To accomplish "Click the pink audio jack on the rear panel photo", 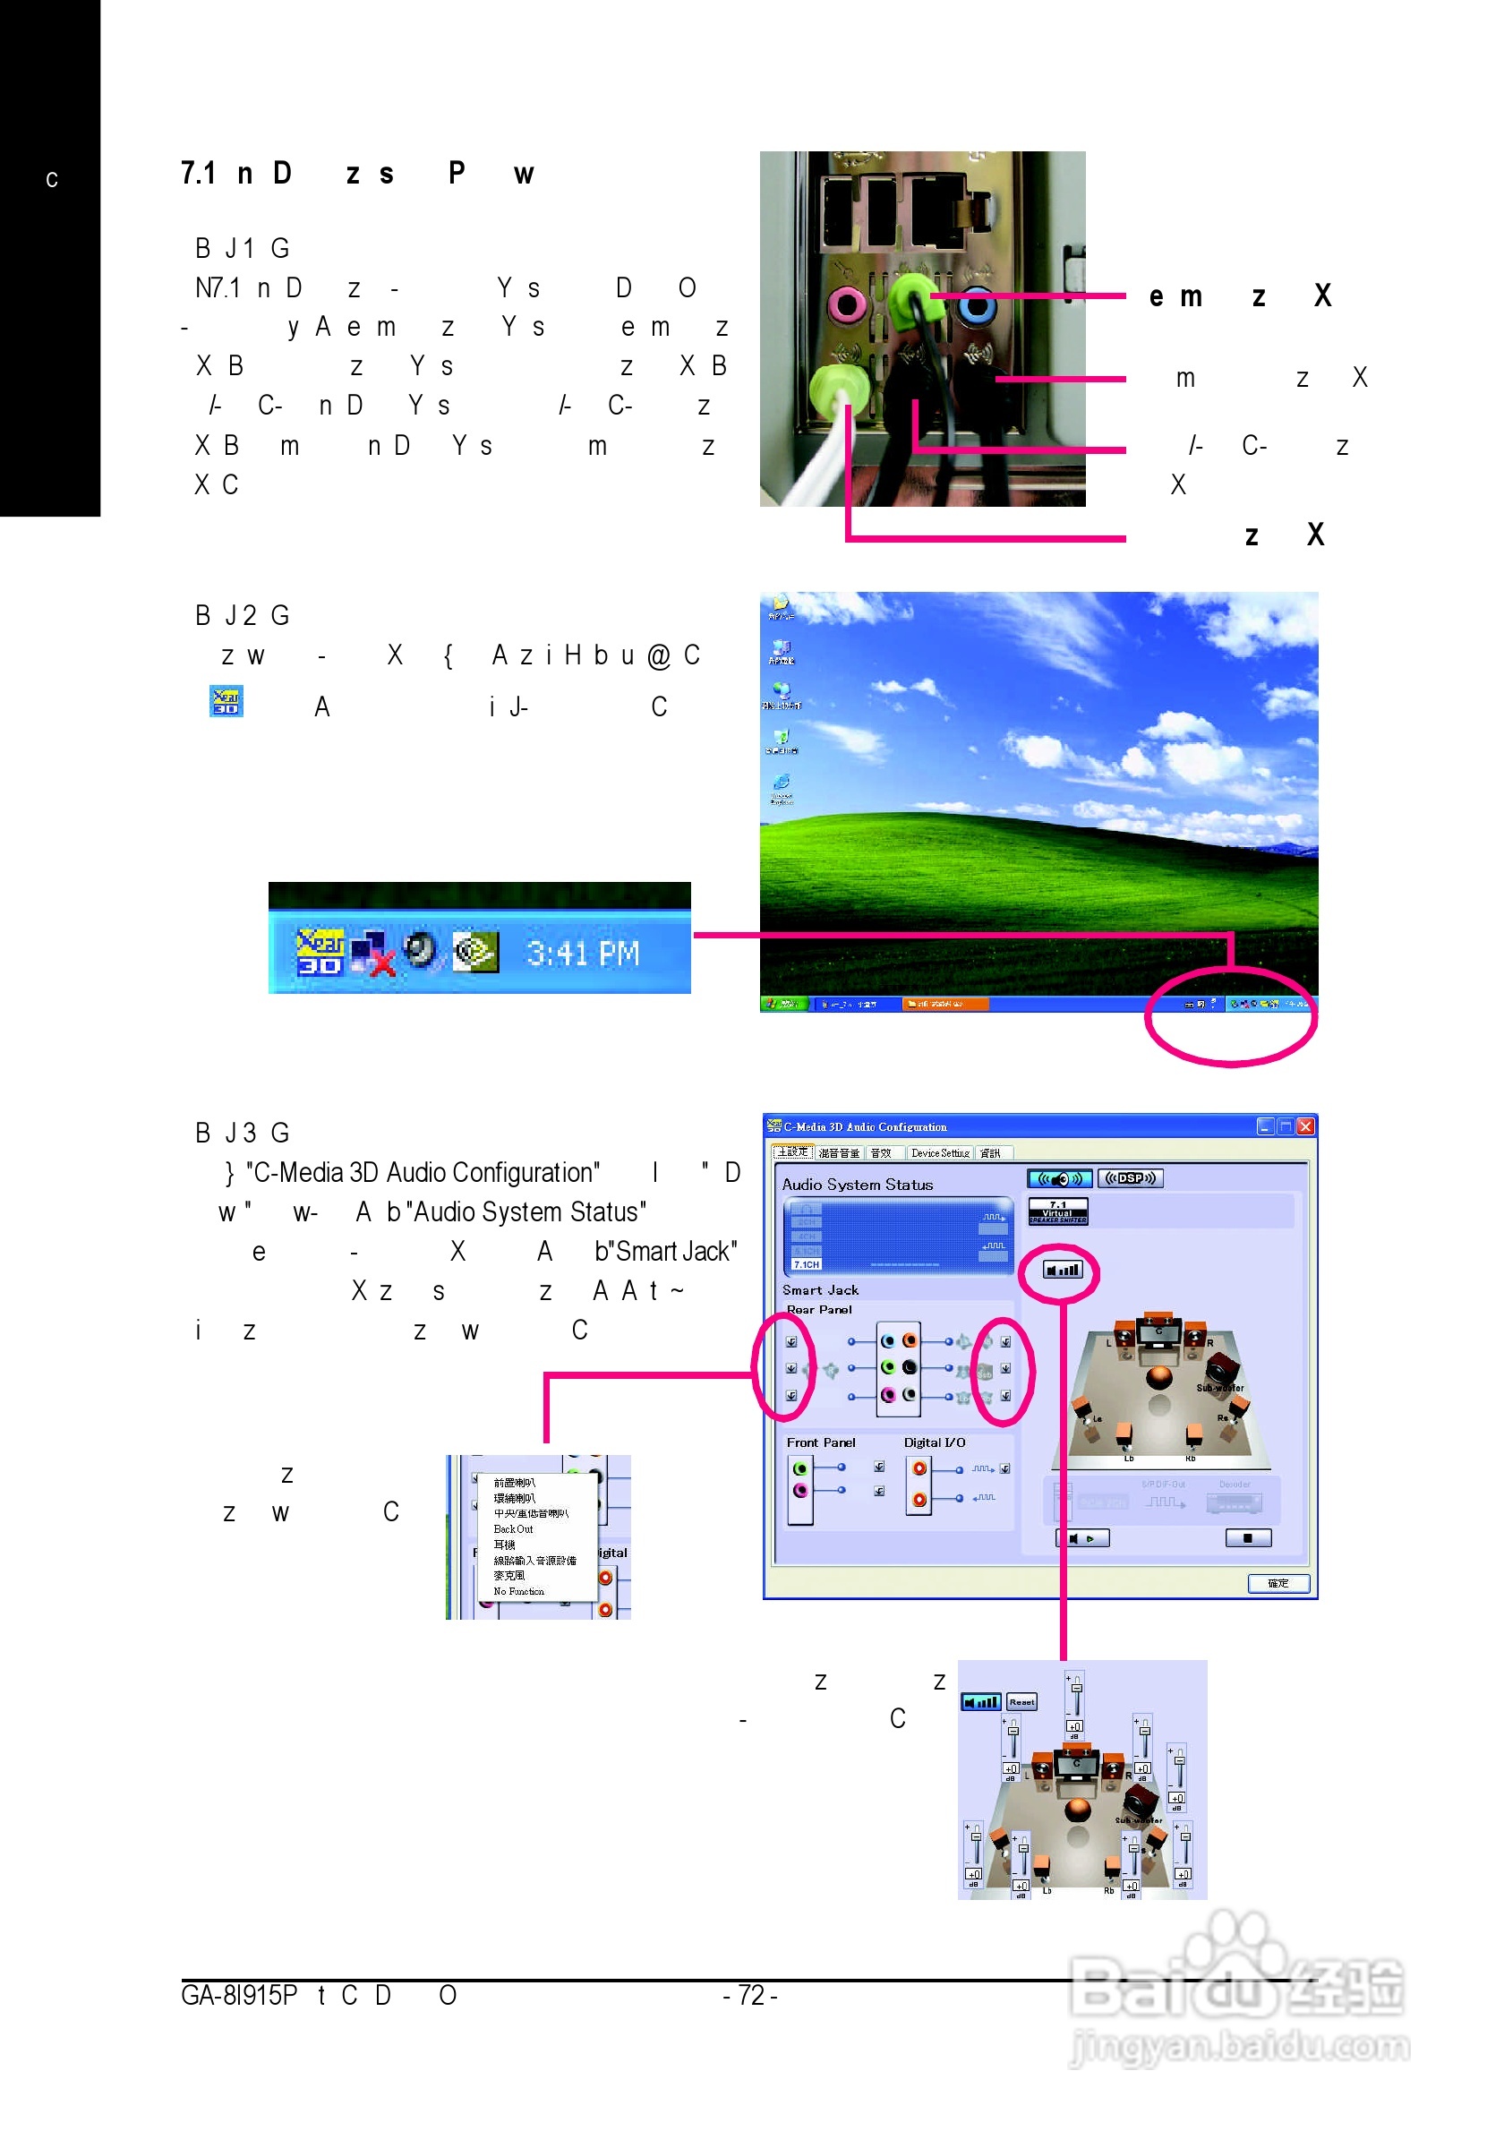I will (x=847, y=303).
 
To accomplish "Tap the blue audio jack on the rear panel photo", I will (x=976, y=304).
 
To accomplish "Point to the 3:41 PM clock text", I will (x=583, y=954).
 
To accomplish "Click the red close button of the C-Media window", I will (x=1305, y=1125).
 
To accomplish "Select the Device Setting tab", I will (x=939, y=1152).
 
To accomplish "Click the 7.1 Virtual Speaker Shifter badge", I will (x=1057, y=1211).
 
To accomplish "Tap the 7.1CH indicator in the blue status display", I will (x=807, y=1264).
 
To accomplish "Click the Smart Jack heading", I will (x=820, y=1290).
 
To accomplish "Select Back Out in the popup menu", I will (x=513, y=1528).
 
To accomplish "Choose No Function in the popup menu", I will (x=518, y=1591).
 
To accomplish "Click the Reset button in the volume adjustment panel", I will (x=1021, y=1702).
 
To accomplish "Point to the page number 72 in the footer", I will (x=749, y=1996).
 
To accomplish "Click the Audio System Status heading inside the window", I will (x=858, y=1185).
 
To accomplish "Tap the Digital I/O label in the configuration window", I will (x=935, y=1442).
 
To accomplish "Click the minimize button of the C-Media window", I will (x=1265, y=1125).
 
